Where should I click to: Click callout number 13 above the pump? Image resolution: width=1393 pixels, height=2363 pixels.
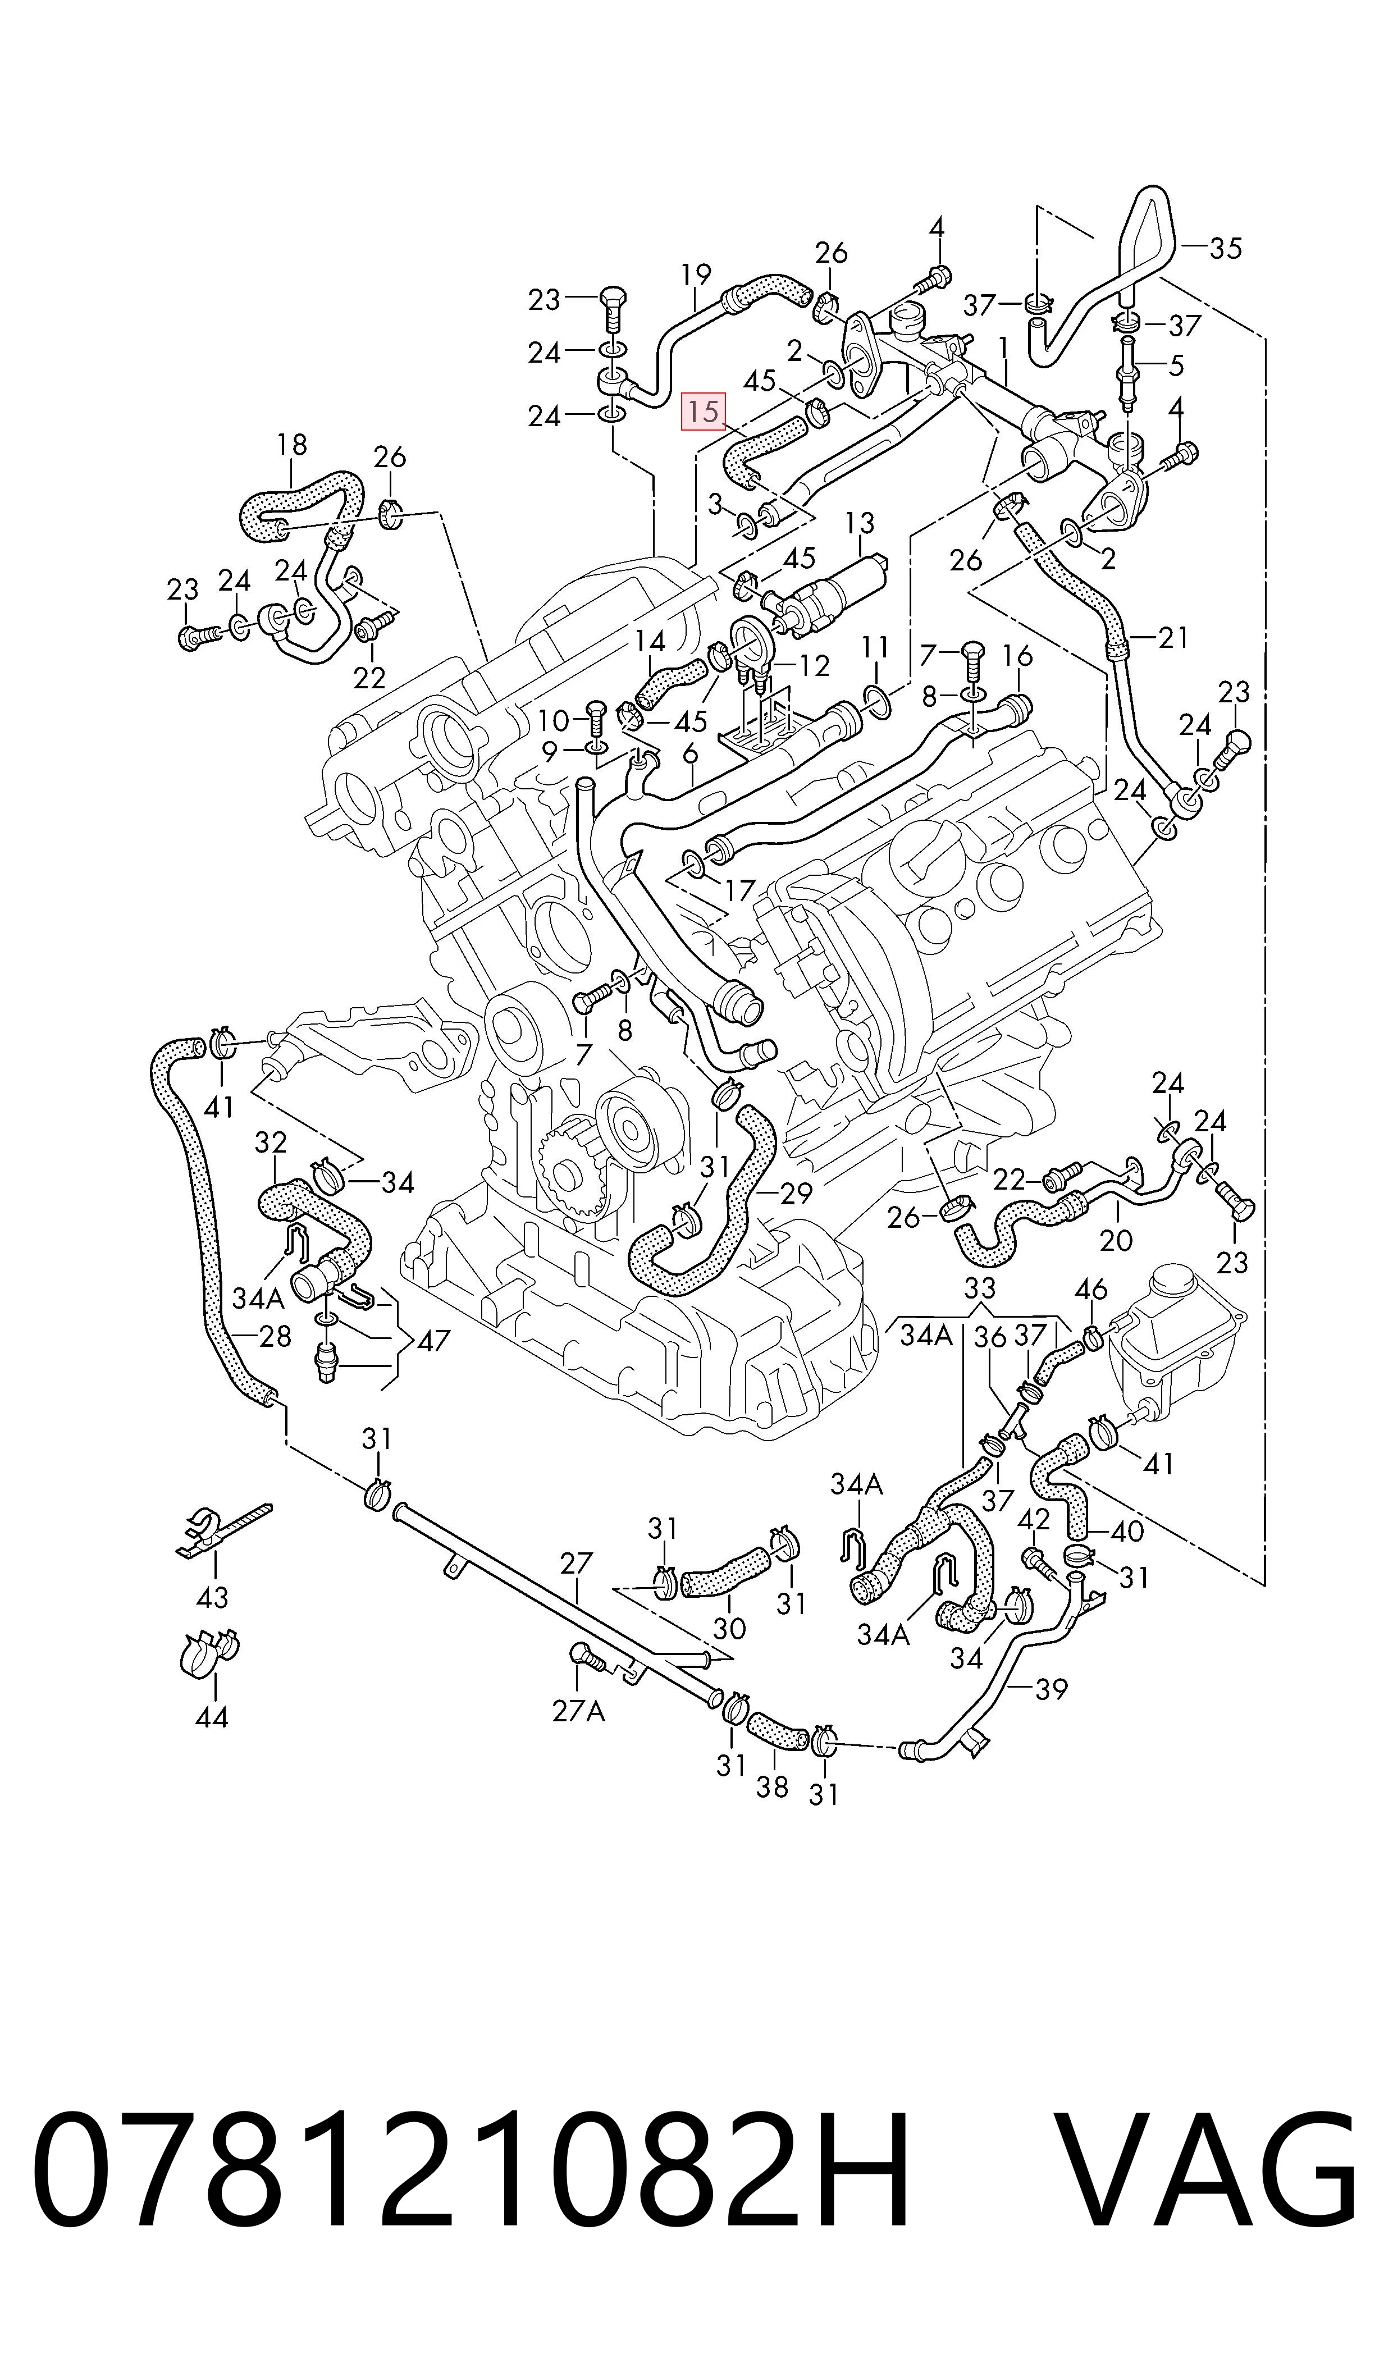coord(859,523)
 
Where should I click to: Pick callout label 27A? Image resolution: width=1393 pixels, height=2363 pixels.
coord(578,1711)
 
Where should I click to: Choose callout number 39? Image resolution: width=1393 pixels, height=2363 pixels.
coord(1051,1689)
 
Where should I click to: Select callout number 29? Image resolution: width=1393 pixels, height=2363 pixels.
coord(796,1194)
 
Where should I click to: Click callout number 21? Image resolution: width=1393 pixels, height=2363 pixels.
coord(1172,638)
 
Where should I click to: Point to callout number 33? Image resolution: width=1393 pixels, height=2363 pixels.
coord(979,1287)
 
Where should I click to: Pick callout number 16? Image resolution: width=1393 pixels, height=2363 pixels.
coord(1017,655)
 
